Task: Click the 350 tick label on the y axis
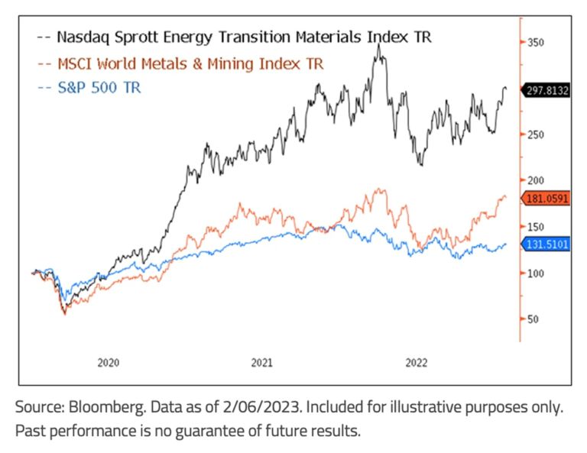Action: pos(535,43)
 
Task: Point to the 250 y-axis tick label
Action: pos(535,134)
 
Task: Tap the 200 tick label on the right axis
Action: pos(535,180)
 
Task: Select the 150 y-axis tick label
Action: pos(535,227)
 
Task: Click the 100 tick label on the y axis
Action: pos(535,273)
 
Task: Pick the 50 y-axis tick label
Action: pos(533,319)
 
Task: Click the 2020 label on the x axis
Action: pos(109,363)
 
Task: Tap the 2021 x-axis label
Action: pos(261,363)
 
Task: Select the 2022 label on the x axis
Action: pos(417,363)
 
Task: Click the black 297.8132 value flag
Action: pos(546,91)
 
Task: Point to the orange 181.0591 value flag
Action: pos(546,199)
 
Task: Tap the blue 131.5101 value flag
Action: pos(546,244)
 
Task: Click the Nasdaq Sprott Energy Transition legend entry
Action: pos(235,37)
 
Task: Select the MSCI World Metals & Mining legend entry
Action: pos(180,64)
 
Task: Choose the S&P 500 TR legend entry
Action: pos(89,88)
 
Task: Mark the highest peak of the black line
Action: pos(379,44)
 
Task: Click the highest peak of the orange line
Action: pos(379,189)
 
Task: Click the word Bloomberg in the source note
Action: pos(107,407)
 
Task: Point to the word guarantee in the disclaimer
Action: pos(209,432)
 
